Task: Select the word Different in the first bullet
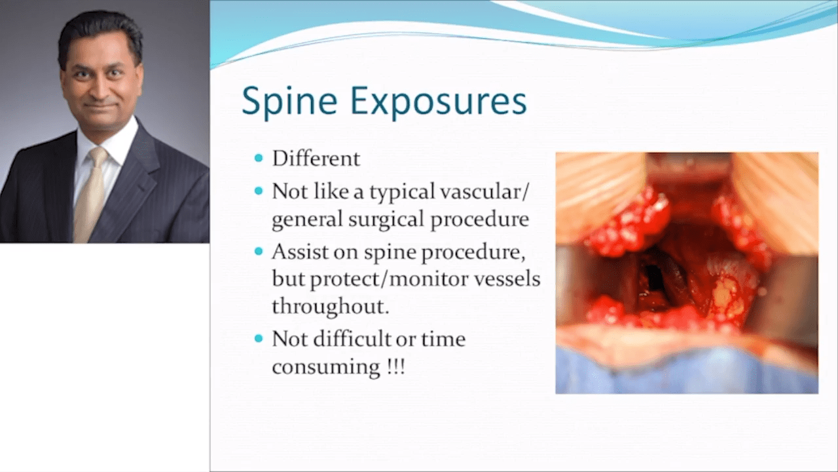pyautogui.click(x=316, y=158)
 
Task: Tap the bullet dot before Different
pyautogui.click(x=259, y=158)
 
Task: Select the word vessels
pyautogui.click(x=507, y=279)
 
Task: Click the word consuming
pyautogui.click(x=325, y=367)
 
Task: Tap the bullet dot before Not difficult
pyautogui.click(x=259, y=339)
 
